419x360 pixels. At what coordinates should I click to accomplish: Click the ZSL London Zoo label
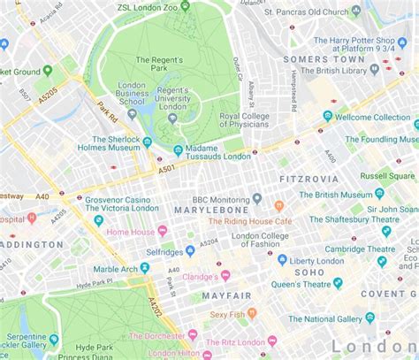tap(160, 6)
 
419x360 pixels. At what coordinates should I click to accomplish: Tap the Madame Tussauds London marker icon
tap(179, 150)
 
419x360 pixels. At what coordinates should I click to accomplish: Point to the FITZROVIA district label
tap(309, 178)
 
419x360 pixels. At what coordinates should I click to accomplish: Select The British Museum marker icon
tap(379, 193)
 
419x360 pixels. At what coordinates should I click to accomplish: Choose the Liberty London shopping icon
tap(283, 260)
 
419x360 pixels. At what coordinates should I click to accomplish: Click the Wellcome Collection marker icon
tap(328, 116)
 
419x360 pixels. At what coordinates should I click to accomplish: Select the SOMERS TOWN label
tap(317, 59)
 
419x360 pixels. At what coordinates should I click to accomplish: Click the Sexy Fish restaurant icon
tap(252, 313)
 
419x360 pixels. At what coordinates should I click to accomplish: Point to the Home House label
tap(131, 231)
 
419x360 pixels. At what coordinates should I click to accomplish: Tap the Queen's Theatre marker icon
tap(337, 283)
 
